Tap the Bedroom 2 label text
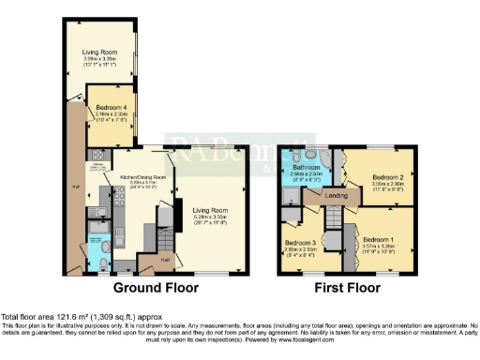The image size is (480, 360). tap(387, 176)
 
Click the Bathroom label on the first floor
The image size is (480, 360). tap(306, 167)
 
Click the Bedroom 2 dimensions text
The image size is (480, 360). tap(387, 185)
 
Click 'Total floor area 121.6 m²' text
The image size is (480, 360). tap(56, 317)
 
